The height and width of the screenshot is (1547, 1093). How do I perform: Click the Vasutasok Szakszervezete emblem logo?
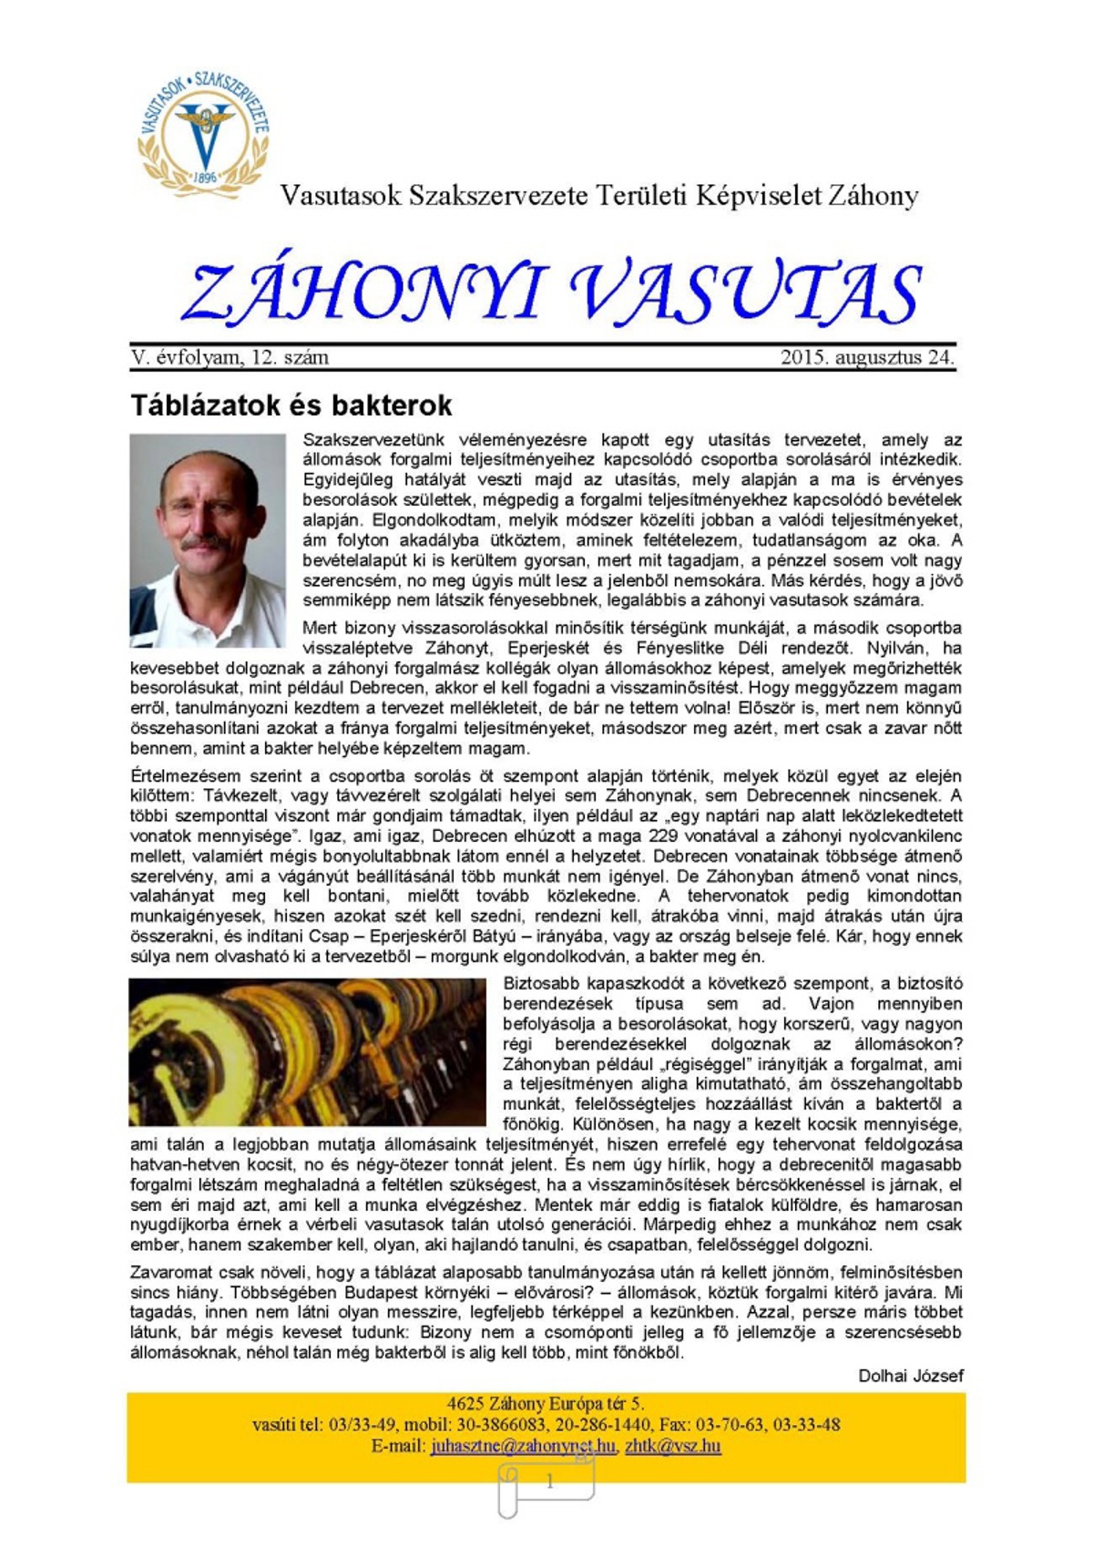tap(203, 131)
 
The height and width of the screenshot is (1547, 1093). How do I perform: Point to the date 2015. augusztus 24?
tap(867, 357)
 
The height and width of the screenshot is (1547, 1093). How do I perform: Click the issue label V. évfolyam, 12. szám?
tap(230, 357)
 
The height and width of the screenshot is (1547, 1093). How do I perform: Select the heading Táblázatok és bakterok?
tap(291, 405)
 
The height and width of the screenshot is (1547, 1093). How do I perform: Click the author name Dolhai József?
tap(910, 1376)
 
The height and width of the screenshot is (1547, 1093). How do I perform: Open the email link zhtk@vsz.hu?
tap(672, 1446)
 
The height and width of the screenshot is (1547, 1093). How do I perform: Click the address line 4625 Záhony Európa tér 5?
tap(545, 1404)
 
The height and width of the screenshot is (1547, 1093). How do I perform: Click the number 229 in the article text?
tap(662, 836)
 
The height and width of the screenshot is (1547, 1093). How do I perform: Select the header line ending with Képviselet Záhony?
tap(598, 195)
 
